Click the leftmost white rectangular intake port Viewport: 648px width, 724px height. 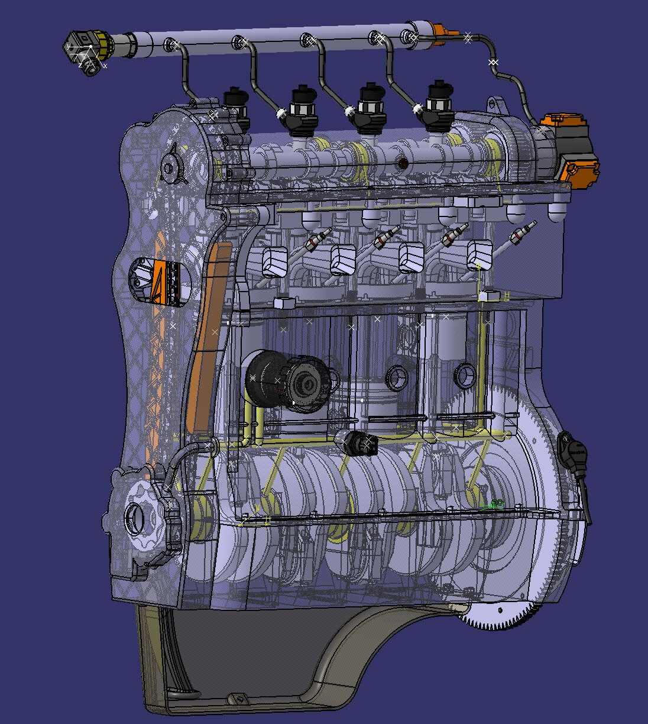(274, 261)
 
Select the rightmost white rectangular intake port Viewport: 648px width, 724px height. (479, 255)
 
